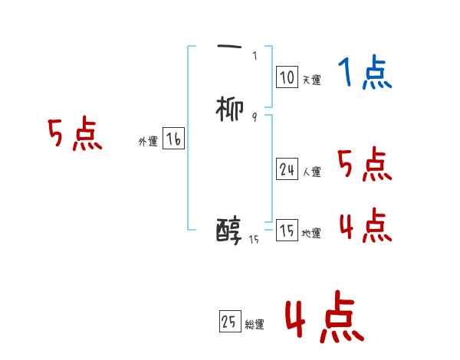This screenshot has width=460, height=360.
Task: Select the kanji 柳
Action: tap(230, 110)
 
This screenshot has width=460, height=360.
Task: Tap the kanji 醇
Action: tap(229, 230)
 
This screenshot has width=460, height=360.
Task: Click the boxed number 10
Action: tap(287, 77)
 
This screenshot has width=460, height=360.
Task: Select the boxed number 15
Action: tap(287, 231)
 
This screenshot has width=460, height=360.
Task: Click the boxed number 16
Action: tap(173, 139)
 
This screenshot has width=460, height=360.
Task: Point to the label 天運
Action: tap(311, 80)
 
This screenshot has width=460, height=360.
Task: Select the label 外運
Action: tap(148, 142)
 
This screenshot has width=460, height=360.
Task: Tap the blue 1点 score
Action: tap(365, 74)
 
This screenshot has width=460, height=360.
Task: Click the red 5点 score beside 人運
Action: tap(365, 164)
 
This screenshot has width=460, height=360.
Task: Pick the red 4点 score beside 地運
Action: tap(365, 225)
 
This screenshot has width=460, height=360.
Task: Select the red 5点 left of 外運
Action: tap(75, 135)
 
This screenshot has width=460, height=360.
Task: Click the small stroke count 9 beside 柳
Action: tap(254, 116)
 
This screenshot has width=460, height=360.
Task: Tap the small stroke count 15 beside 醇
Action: tap(255, 240)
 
